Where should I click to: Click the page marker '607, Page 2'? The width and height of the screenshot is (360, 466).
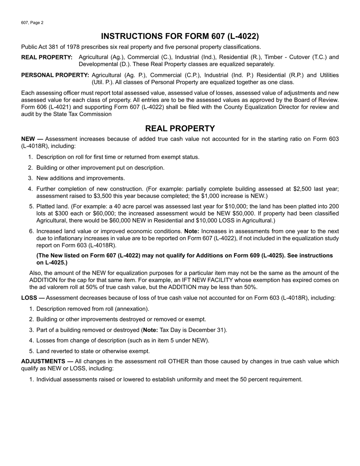(32, 23)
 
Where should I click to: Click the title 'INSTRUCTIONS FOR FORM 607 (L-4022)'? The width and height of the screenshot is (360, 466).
(180, 36)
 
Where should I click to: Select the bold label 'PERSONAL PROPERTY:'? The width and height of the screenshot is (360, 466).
(55, 75)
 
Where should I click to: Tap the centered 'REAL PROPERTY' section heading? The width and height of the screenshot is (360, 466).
(180, 128)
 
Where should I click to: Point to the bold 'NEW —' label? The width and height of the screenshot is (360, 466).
(32, 139)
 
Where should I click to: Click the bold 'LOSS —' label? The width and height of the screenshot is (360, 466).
(33, 298)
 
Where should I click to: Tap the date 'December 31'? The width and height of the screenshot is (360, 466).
(209, 330)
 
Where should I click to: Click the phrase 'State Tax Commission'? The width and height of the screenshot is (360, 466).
(83, 114)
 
